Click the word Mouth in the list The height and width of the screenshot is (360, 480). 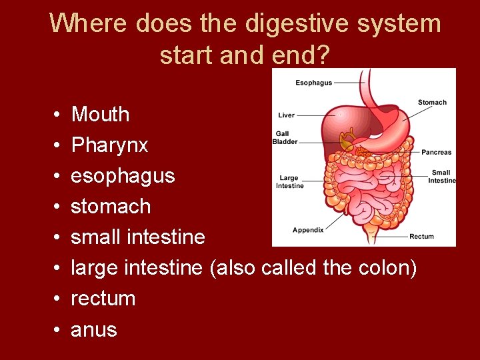point(100,115)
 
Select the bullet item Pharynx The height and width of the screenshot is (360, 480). point(109,145)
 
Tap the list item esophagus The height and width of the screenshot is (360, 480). point(123,176)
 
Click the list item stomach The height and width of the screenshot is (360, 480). point(111,207)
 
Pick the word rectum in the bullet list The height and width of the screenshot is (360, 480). point(103,299)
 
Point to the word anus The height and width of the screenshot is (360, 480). point(93,329)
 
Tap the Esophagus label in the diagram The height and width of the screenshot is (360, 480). point(313,83)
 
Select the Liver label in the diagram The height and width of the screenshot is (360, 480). point(287,115)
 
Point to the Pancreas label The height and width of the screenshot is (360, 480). point(436,153)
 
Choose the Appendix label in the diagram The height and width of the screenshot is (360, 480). point(308,230)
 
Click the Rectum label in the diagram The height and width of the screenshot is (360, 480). point(421,236)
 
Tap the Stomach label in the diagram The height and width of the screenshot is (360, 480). point(432,102)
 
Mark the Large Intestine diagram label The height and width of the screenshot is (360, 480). point(290,181)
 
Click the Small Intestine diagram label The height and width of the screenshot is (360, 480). point(441,177)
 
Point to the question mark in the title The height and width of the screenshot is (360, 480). point(323,55)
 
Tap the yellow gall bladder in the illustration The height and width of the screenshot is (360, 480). point(347,140)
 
